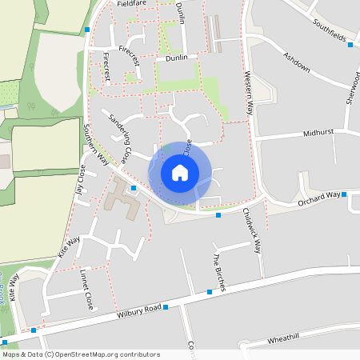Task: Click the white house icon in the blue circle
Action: (180, 173)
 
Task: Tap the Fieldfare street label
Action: (132, 3)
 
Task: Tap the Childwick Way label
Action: (252, 230)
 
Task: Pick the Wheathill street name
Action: (283, 340)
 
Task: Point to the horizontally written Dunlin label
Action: (175, 58)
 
